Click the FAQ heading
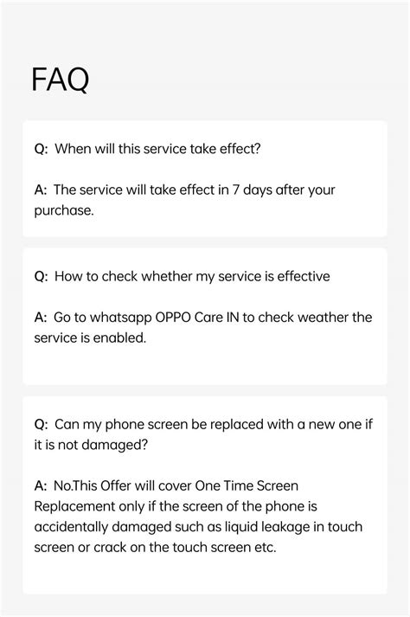click(x=60, y=80)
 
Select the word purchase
click(x=62, y=210)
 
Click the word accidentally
click(x=74, y=527)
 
